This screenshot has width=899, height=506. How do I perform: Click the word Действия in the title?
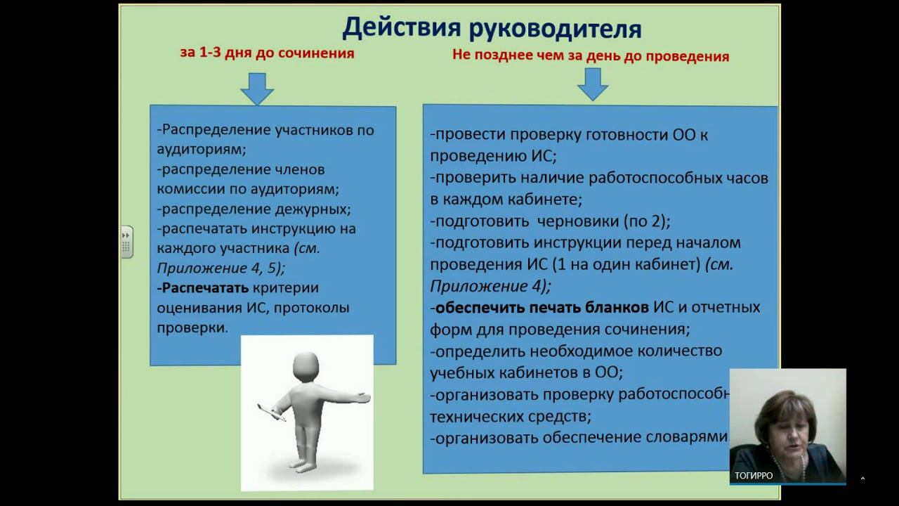(402, 29)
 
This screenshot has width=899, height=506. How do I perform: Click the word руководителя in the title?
(556, 30)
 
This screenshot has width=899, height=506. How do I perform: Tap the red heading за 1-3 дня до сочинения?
(267, 53)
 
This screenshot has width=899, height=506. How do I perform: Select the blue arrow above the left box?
(257, 89)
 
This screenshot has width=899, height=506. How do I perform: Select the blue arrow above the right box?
(593, 84)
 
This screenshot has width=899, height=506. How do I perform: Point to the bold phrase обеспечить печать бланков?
(542, 308)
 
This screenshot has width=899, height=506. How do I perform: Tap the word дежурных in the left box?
(308, 209)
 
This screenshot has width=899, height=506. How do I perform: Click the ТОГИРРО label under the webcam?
(754, 476)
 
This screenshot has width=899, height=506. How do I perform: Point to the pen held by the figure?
(271, 413)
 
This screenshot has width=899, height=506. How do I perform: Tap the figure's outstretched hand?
(360, 398)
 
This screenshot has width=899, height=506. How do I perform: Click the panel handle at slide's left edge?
(127, 242)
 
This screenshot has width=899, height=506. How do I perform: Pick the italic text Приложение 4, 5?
(220, 268)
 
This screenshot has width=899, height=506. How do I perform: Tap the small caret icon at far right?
(862, 479)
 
